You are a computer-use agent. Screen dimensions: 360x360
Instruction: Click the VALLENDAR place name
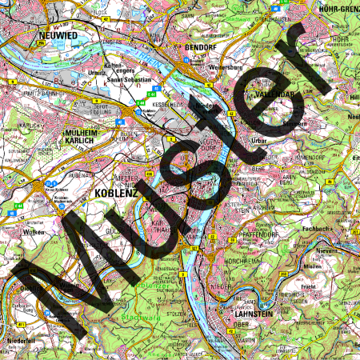[274, 94]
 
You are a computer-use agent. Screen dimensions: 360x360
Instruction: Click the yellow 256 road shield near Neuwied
[40, 51]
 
